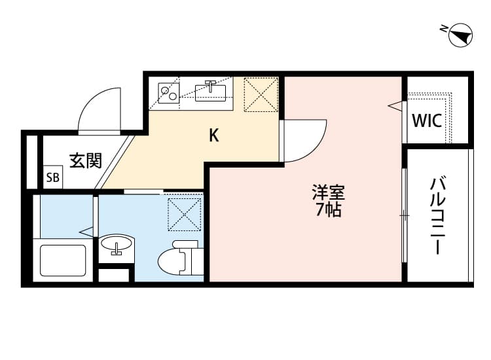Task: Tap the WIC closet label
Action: tap(427, 121)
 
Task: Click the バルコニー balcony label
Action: tap(437, 216)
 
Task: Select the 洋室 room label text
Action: tap(327, 194)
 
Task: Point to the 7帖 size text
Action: tap(327, 211)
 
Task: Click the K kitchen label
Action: tap(213, 136)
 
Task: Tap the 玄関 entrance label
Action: tap(86, 160)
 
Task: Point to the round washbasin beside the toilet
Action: tap(117, 246)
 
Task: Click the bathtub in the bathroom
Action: tap(64, 260)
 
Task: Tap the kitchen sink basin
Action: tap(211, 92)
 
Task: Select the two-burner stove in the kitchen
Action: tap(170, 93)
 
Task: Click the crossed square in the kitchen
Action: tap(260, 95)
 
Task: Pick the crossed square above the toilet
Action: tap(183, 215)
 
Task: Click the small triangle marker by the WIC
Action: tap(393, 105)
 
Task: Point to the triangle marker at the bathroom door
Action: tap(86, 230)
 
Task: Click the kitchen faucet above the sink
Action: tap(210, 83)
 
